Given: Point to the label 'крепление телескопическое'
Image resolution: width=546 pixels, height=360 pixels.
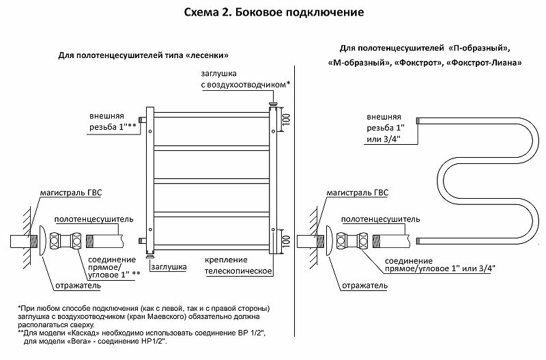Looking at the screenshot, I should pyautogui.click(x=239, y=266).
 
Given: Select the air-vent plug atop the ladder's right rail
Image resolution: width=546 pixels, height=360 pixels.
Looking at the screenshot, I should pyautogui.click(x=273, y=106).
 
